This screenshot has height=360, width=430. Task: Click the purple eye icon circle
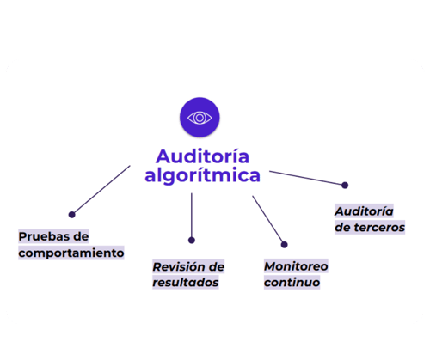coord(200,117)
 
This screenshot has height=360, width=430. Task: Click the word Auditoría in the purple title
coord(202,156)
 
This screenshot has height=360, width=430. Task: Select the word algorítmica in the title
coord(202,175)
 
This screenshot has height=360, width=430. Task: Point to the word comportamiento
coord(71,253)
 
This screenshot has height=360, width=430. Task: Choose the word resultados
coord(186,283)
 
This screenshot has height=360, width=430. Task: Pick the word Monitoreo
coord(296,266)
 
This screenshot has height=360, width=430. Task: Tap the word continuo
coord(292,283)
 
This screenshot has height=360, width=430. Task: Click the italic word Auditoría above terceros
coord(364,211)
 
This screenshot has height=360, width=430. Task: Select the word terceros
coord(379,228)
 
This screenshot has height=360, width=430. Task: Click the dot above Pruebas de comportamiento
coord(72,215)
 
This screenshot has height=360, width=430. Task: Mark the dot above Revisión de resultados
coord(192,240)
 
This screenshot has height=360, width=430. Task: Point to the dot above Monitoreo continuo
coord(284,245)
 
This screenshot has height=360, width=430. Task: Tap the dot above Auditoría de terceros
coord(345,186)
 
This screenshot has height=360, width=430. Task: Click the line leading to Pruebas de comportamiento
coord(101,190)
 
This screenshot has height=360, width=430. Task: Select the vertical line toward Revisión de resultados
coord(192,217)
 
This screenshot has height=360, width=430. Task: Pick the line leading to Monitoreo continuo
coord(268,220)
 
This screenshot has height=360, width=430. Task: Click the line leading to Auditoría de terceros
coord(307,178)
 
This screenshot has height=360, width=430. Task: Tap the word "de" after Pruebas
coord(81,236)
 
